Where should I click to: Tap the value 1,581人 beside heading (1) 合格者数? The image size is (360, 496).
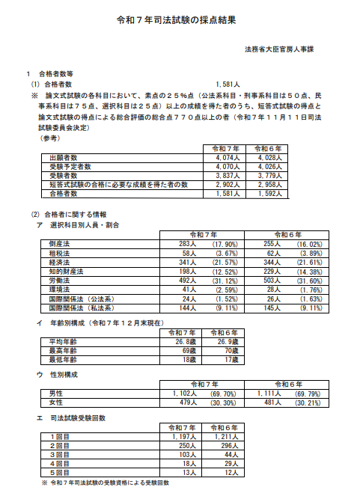tap(226, 85)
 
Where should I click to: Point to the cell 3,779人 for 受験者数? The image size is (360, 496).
tap(267, 174)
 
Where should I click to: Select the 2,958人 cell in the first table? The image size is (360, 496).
tap(267, 183)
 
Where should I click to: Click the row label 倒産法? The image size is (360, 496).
tap(59, 244)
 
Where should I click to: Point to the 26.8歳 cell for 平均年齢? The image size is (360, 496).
tap(183, 341)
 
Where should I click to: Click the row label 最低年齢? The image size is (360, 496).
tap(63, 359)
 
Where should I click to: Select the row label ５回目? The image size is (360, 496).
tap(59, 473)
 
